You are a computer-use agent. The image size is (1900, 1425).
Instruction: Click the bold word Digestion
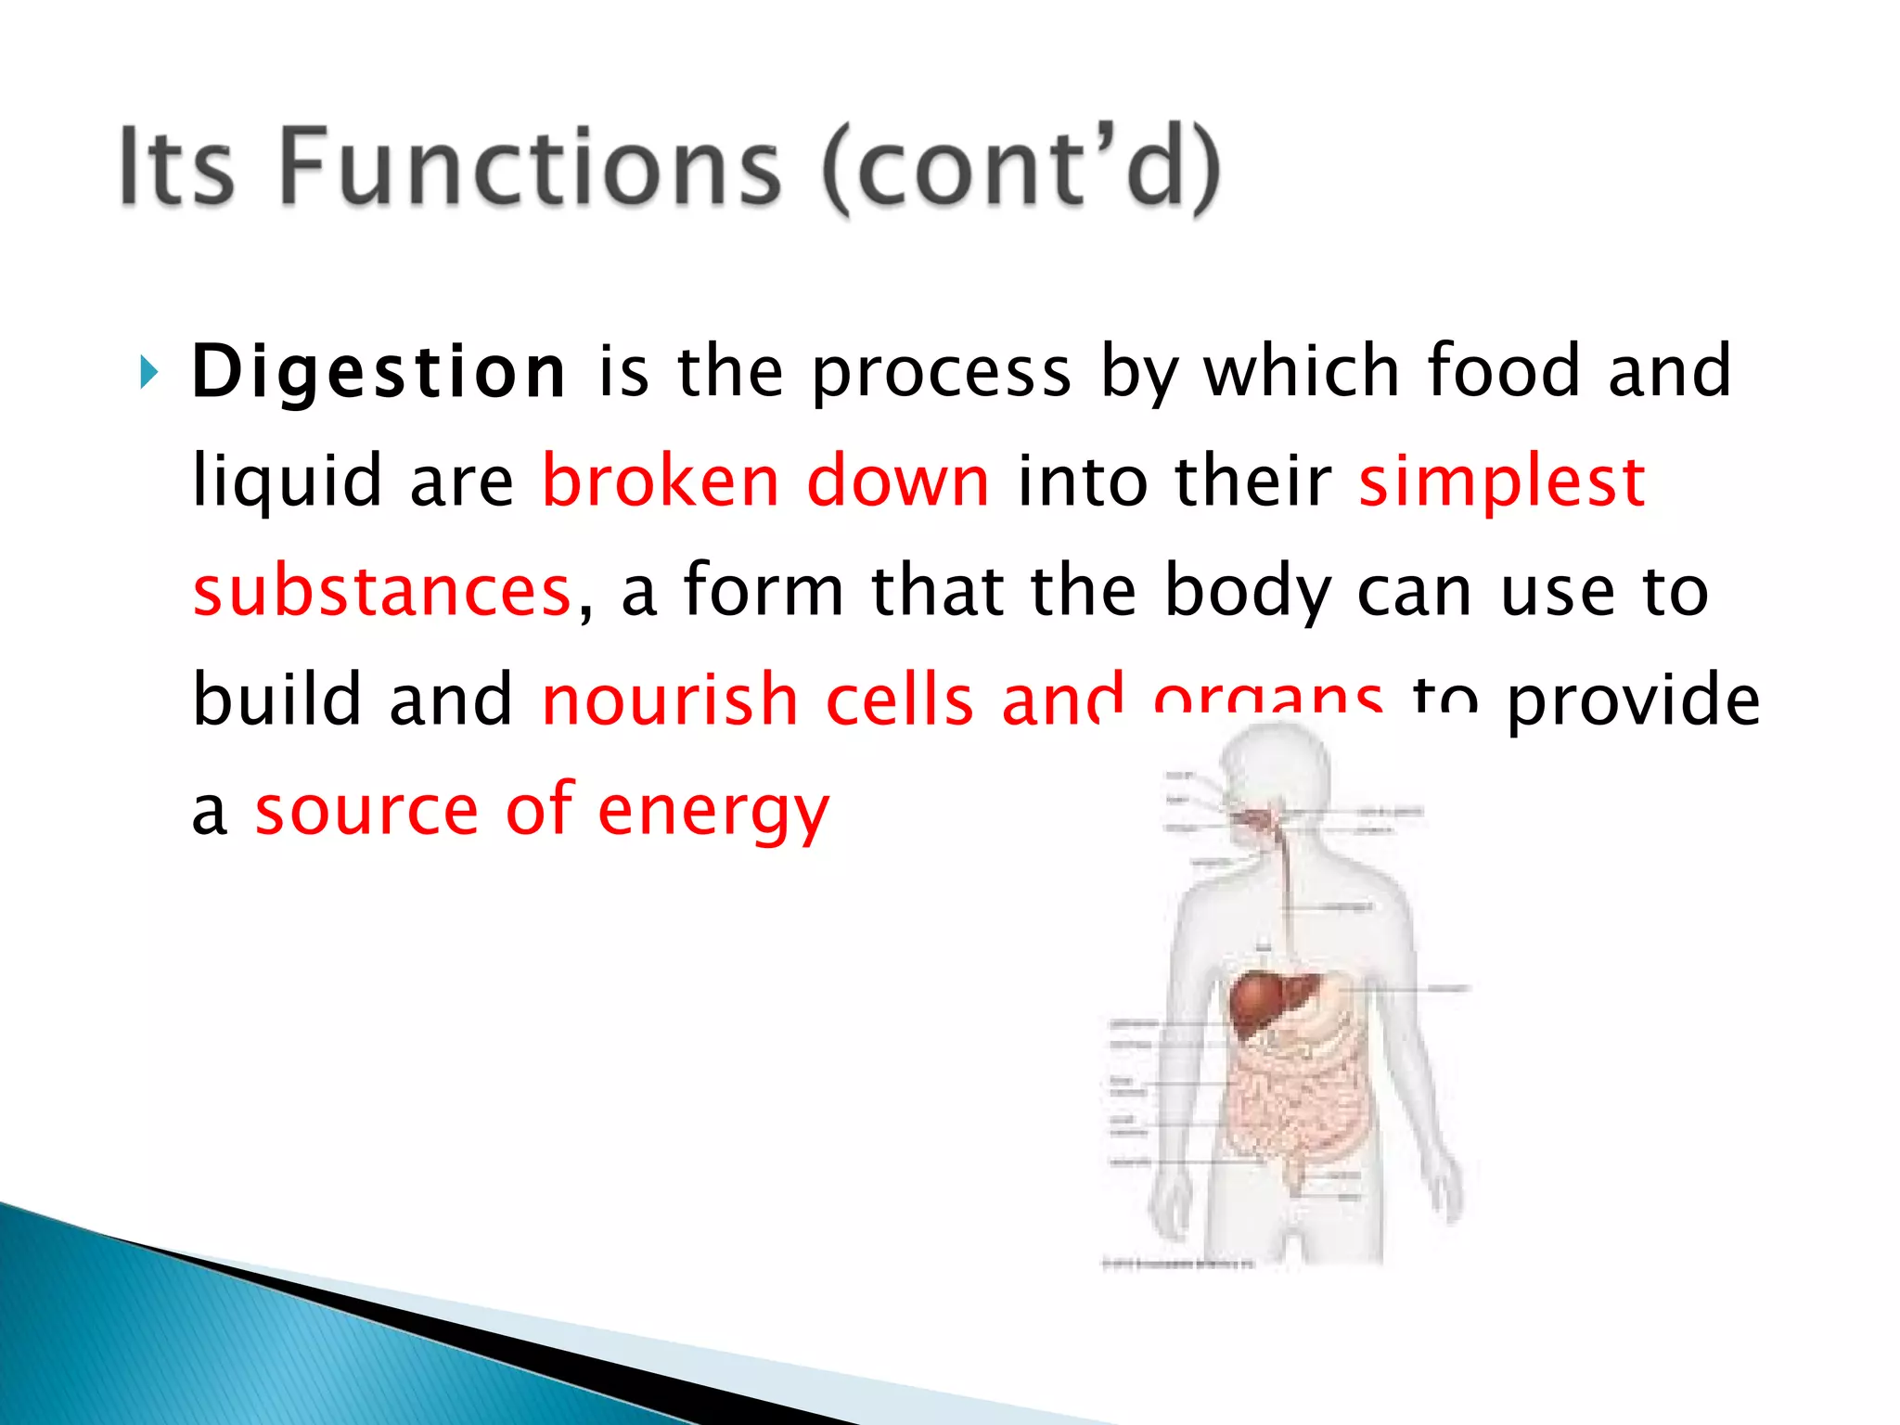378,372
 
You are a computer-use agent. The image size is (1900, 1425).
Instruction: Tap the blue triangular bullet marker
148,372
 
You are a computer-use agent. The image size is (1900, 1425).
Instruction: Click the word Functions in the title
530,167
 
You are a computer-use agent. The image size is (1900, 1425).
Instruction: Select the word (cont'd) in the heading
1021,169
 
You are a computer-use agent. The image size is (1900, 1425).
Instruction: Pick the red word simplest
1501,482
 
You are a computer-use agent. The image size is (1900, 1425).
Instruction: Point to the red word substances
381,591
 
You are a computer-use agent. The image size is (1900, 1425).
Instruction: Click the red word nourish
669,700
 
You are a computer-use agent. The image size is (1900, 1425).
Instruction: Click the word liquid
287,482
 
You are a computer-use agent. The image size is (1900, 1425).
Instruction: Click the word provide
1632,701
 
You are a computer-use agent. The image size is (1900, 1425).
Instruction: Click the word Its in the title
176,167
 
